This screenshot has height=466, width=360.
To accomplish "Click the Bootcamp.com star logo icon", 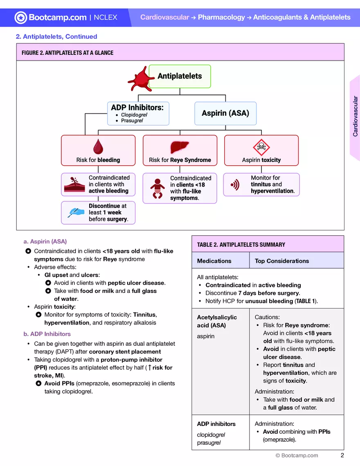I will [x=21, y=17].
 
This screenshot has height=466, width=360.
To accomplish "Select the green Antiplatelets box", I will [x=180, y=76].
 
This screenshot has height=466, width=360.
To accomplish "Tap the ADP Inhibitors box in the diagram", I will [x=138, y=113].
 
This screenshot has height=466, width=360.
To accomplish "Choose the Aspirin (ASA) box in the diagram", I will [x=225, y=113].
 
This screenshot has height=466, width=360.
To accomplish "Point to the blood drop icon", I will [x=98, y=146].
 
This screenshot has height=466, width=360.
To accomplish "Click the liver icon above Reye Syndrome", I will [x=180, y=146].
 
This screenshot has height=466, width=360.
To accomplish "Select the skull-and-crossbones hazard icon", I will [x=261, y=146].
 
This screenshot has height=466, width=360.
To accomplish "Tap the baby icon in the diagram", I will [x=157, y=188].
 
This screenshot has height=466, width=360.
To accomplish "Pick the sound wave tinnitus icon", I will [x=235, y=185].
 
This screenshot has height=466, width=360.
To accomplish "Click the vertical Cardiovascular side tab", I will [x=355, y=117].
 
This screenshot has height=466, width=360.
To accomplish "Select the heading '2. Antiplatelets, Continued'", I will [x=56, y=36].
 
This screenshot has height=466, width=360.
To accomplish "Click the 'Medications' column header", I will [x=214, y=261].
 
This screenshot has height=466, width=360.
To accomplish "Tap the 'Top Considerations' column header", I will [x=281, y=261].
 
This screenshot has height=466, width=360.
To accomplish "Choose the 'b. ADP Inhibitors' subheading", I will [x=47, y=334].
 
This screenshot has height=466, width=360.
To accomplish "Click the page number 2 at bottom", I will [x=342, y=455].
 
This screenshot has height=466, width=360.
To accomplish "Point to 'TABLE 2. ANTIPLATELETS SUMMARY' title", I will [x=241, y=245].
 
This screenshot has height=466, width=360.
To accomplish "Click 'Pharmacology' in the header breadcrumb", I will [x=221, y=17].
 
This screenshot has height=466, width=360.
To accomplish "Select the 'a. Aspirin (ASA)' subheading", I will [x=45, y=241].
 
